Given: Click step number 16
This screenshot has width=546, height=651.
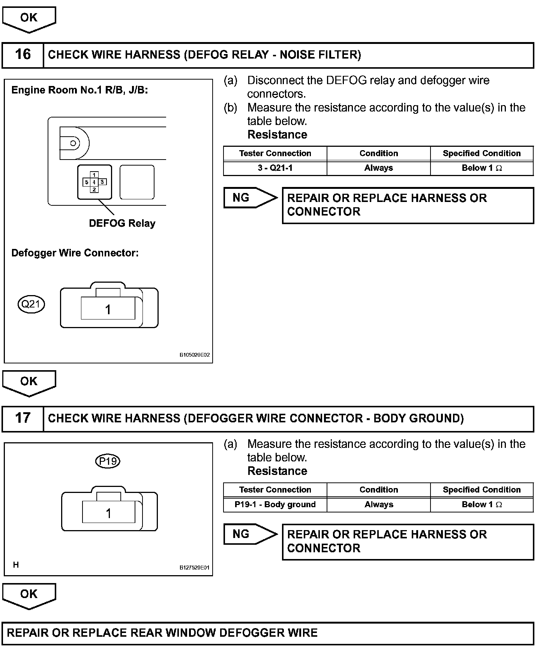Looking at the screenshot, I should click(x=22, y=55).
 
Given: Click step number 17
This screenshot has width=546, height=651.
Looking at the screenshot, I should click(x=22, y=418).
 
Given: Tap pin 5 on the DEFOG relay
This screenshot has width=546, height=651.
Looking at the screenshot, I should click(x=87, y=182).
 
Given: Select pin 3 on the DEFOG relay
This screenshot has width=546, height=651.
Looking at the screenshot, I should click(x=102, y=182).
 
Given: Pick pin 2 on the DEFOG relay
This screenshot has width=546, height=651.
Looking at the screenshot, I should click(x=94, y=190).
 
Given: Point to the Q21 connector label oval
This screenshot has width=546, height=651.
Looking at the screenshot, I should click(x=31, y=304).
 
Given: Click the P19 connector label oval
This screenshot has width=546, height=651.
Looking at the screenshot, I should click(x=108, y=461).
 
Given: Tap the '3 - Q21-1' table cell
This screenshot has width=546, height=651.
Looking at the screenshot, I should click(x=275, y=168).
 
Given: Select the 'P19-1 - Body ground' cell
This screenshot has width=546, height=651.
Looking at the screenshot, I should click(x=275, y=505).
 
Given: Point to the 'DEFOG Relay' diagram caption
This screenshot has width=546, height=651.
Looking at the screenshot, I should click(x=122, y=223).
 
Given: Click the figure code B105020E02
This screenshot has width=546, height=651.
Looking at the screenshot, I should click(x=194, y=355).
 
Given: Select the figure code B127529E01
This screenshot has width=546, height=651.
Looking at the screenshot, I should click(x=194, y=568).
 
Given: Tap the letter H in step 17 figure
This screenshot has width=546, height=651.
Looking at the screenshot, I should click(x=16, y=565).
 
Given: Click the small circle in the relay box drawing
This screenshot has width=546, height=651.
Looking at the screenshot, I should click(x=73, y=143).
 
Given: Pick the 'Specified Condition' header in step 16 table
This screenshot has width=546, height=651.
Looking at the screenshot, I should click(x=481, y=154).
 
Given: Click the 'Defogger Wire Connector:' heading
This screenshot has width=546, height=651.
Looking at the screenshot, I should click(x=75, y=253).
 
